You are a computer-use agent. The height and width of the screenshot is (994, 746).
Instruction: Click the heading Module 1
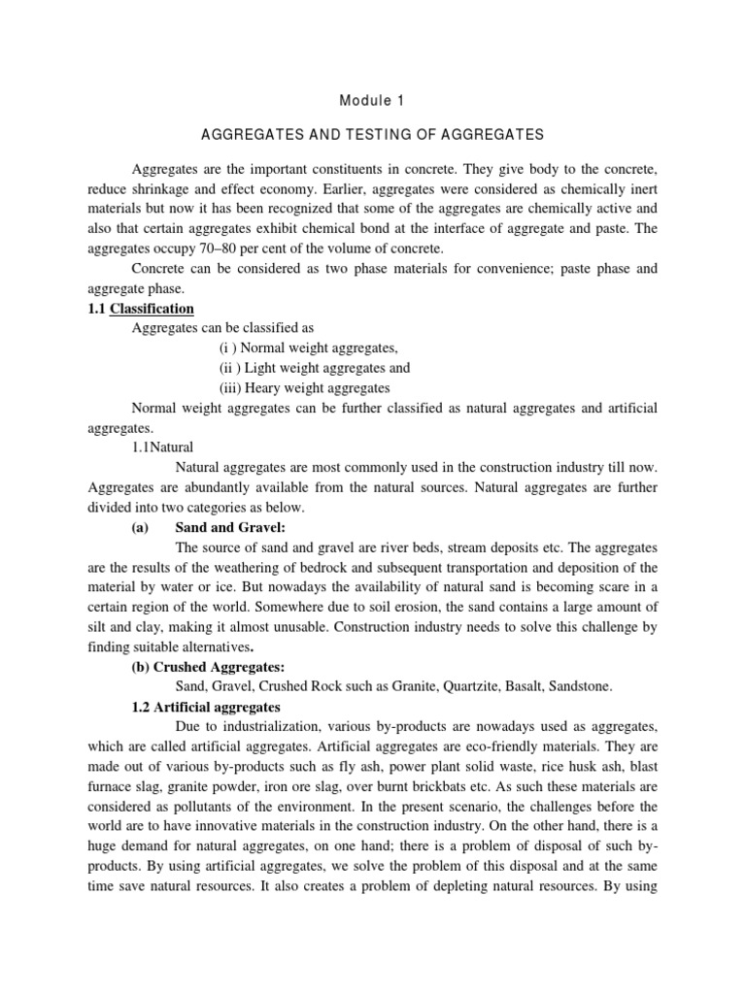point(373,100)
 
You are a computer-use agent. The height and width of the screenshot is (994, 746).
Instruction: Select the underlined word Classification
point(152,309)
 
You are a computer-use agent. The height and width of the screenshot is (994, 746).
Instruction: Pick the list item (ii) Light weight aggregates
point(315,368)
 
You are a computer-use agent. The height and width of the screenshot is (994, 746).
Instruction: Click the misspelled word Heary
point(262,387)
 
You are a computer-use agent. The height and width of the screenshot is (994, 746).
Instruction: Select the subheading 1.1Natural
point(162,447)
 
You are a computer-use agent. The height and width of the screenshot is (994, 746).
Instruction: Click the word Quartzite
point(466,686)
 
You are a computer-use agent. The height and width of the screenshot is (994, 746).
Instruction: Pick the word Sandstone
point(581,686)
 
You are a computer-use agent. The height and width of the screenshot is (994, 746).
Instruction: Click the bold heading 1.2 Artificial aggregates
point(205,706)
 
